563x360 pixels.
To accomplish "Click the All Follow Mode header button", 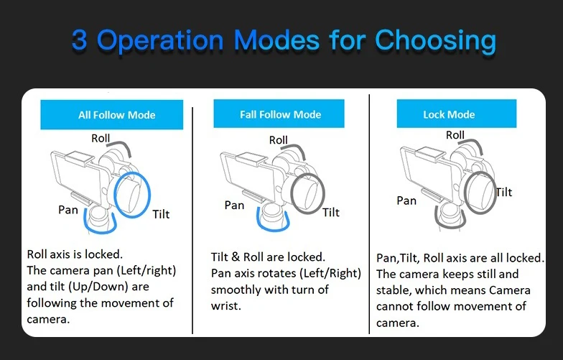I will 116,115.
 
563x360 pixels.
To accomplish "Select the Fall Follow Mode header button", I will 280,114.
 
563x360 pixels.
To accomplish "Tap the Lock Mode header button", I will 449,114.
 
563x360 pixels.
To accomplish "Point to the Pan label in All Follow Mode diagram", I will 68,210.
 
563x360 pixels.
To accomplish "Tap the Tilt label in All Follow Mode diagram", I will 161,214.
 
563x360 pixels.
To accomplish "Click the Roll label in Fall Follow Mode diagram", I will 279,140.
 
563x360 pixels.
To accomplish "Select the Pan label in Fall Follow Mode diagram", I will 234,205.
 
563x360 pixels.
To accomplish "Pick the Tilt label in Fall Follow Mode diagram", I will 331,212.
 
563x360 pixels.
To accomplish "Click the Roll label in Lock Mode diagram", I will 455,135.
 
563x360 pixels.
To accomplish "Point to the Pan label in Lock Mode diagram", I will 406,200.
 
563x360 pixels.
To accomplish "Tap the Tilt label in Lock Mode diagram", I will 504,192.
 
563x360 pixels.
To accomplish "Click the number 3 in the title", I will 80,40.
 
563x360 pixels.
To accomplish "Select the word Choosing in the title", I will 435,40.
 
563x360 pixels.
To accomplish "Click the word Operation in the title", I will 172,40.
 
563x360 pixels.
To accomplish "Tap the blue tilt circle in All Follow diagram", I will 133,194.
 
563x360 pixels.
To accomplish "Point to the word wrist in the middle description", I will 224,305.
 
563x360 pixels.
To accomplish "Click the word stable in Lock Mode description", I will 392,290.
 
